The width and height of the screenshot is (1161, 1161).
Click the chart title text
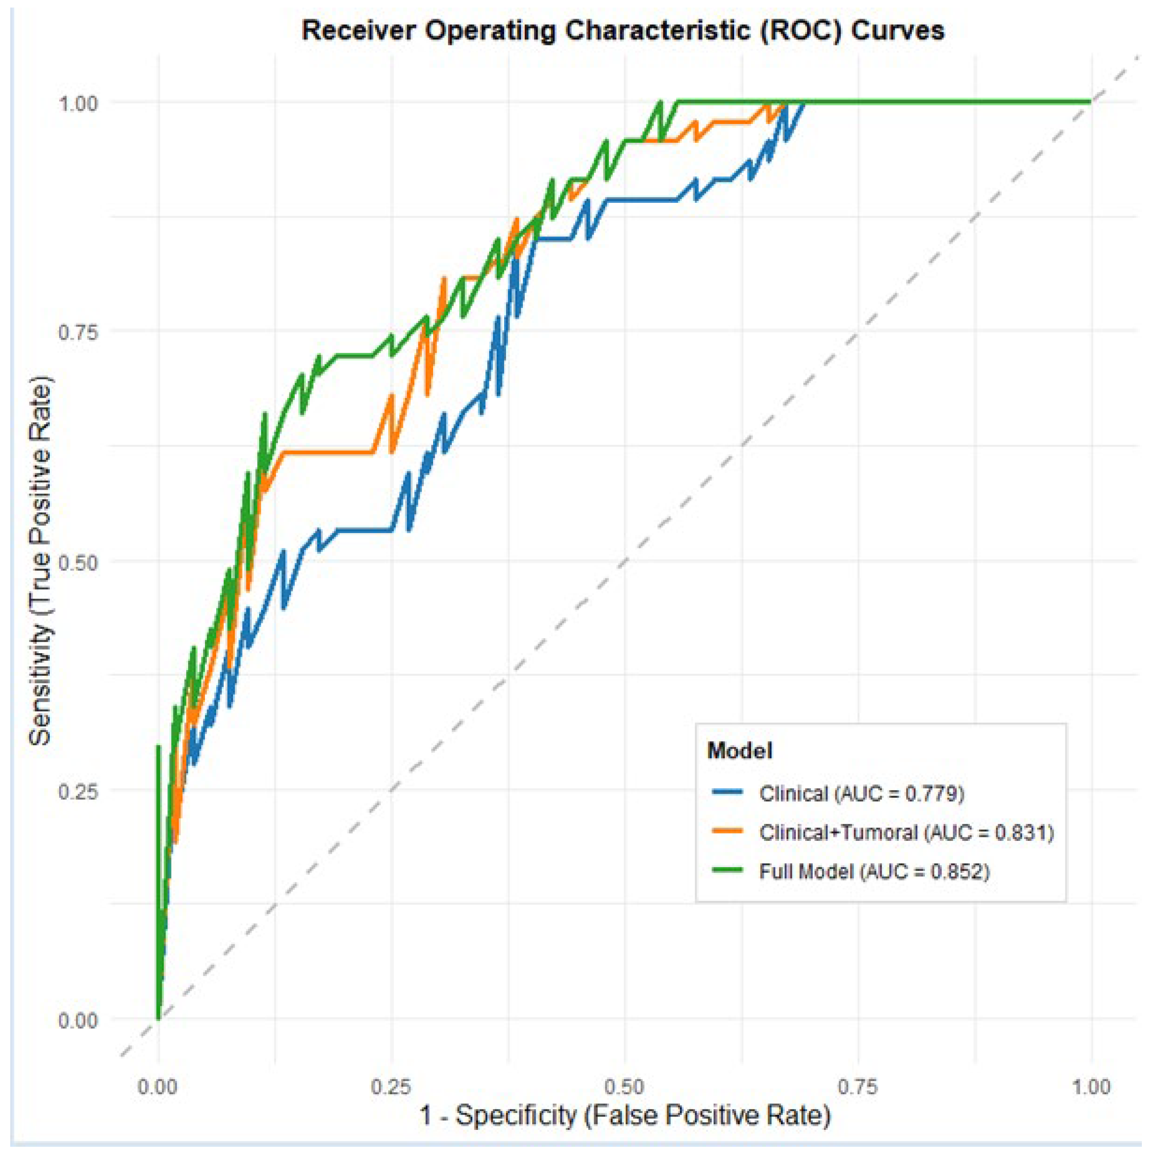coord(623,30)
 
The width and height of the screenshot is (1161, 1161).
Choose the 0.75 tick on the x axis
coord(858,1086)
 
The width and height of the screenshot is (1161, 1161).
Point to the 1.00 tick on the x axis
coord(1091,1086)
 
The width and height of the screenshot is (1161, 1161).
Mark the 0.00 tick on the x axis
coord(158,1086)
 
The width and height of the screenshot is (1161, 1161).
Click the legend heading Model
coord(740,751)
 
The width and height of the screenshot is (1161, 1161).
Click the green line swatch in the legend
coord(728,871)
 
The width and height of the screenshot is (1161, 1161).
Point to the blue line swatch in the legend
coord(728,793)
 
